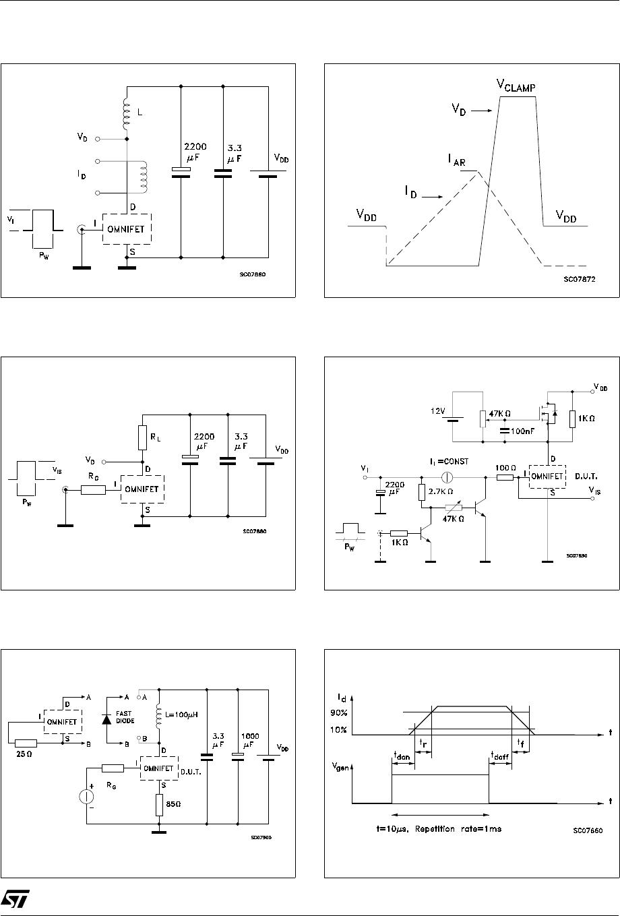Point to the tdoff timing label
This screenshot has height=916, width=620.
pos(500,754)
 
